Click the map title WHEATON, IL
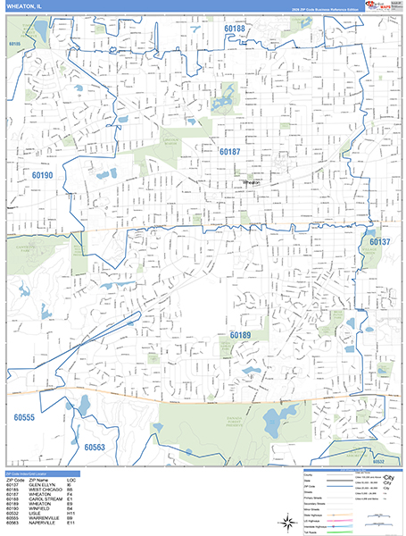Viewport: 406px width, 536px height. tap(25, 7)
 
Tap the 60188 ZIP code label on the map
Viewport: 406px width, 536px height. tap(235, 29)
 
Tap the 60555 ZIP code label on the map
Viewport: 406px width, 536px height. tap(24, 417)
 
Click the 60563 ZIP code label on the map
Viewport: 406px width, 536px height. tap(94, 448)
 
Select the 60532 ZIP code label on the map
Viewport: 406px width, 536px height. tap(378, 462)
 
